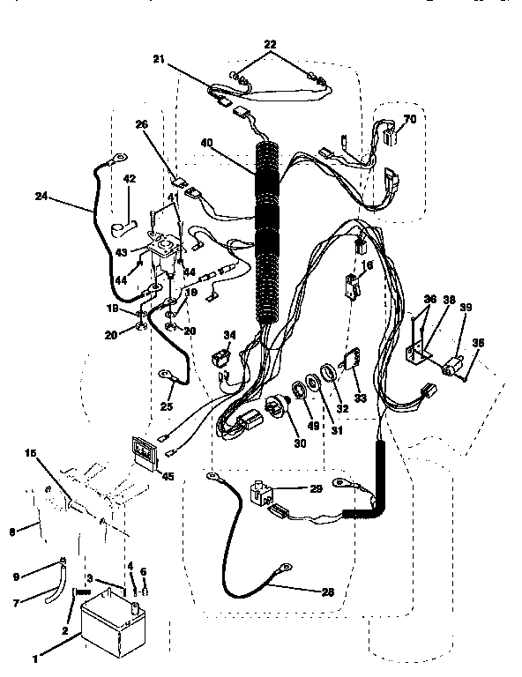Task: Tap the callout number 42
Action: tap(130, 179)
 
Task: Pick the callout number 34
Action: tap(229, 334)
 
